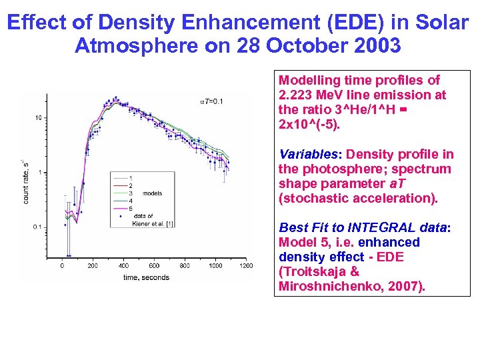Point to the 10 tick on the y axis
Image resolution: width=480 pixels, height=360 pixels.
(39, 117)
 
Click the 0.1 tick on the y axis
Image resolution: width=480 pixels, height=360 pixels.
(37, 227)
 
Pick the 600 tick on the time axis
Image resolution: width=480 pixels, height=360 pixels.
(153, 265)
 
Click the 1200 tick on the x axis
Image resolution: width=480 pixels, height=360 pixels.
(246, 265)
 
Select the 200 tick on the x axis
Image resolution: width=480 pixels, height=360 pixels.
(92, 265)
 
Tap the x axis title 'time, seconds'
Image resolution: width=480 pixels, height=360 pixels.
(146, 277)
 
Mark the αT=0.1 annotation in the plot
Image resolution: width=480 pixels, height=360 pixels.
(212, 101)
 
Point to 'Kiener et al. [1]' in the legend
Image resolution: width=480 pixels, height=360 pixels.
(153, 223)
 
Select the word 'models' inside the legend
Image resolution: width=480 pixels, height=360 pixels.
(153, 193)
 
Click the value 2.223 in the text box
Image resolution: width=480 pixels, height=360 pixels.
(297, 95)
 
